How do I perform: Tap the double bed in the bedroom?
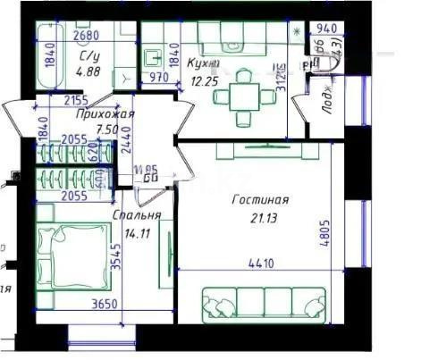click(x=66, y=255)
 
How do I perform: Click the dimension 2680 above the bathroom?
click(x=85, y=37)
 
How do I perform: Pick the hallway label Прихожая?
click(x=105, y=114)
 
